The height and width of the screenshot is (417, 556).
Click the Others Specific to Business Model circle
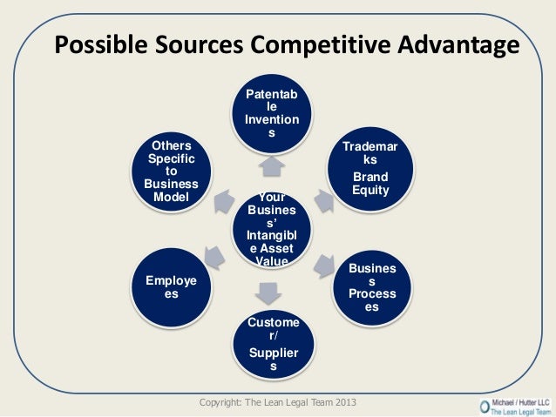click(x=171, y=169)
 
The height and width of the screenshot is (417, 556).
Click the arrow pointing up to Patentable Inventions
click(x=271, y=164)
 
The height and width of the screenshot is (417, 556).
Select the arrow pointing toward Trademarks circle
click(x=324, y=200)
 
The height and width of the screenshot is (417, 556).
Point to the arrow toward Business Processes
click(x=324, y=262)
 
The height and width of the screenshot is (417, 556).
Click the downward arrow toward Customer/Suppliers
click(x=269, y=291)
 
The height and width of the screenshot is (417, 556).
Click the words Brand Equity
click(x=370, y=184)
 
